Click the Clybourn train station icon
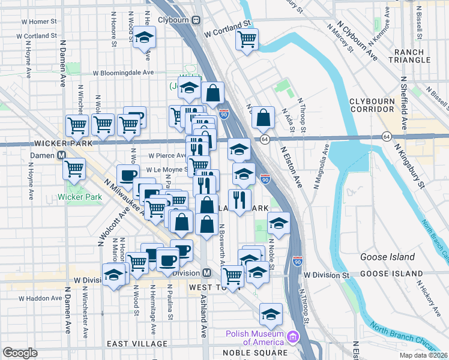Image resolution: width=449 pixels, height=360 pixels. (196, 19)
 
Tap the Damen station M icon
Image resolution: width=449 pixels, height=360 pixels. (61, 155)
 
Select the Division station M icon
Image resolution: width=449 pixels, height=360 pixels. (206, 272)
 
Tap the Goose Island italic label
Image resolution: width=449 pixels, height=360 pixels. (387, 257)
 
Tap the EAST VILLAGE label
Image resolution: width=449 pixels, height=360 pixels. (134, 344)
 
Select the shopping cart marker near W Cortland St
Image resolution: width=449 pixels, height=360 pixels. (247, 40)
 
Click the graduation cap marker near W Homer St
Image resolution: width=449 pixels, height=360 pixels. (144, 38)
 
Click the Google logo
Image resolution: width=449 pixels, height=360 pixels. (20, 353)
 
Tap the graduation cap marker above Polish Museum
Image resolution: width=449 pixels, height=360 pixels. (271, 314)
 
